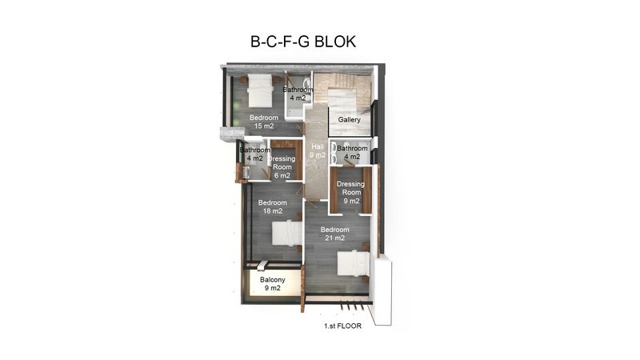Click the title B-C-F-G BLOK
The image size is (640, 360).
[303, 42]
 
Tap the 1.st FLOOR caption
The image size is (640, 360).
[342, 326]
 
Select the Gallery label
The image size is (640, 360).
[349, 119]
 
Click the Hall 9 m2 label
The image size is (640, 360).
[318, 150]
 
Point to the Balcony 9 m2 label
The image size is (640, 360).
[272, 284]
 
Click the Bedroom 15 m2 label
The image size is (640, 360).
[264, 122]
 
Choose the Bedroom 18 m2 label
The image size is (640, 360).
[272, 206]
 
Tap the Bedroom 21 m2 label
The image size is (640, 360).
[334, 234]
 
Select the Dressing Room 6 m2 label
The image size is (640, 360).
[282, 167]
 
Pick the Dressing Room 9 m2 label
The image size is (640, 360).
[351, 192]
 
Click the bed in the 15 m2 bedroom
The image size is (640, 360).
[261, 90]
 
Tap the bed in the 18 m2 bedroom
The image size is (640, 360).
[287, 233]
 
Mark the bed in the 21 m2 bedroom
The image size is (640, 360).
[354, 263]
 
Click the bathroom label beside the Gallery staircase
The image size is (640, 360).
[298, 94]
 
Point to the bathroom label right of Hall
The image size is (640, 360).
[352, 152]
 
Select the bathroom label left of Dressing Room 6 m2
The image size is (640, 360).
[254, 154]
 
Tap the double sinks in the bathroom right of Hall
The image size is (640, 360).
[334, 153]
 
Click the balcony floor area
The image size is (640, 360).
[273, 283]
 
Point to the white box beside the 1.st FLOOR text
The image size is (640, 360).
[383, 290]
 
